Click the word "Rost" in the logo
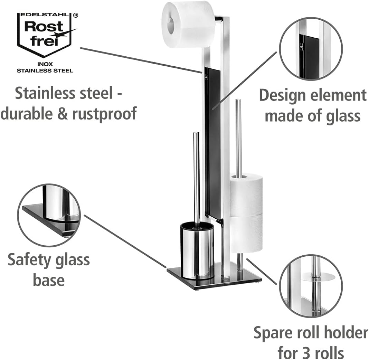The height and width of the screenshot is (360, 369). [x=44, y=27]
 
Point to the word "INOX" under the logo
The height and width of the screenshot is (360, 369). [x=45, y=64]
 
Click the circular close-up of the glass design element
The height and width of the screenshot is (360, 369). [x=311, y=49]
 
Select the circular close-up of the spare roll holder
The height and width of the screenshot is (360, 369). [x=311, y=286]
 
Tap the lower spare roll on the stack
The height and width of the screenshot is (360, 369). [x=246, y=233]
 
